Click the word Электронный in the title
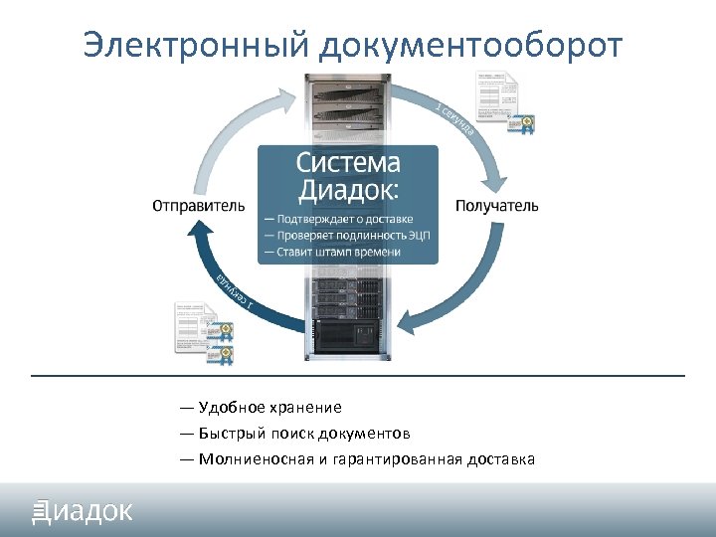point(195,45)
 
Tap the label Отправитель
point(198,207)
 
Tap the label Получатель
point(497,207)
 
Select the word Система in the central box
point(348,163)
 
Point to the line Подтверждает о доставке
point(338,219)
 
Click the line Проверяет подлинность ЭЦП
point(347,236)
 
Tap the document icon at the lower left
point(202,330)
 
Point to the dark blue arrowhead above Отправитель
point(203,234)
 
